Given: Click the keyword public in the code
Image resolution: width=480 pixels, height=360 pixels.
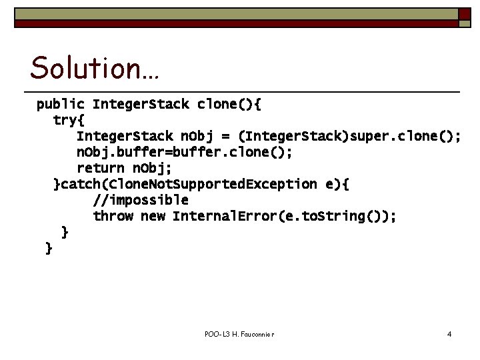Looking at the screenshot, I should click(60, 105).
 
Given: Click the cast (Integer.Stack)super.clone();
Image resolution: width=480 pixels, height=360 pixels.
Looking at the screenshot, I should click(349, 137).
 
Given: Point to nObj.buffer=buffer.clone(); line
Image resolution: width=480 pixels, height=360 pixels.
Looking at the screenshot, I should click(184, 153).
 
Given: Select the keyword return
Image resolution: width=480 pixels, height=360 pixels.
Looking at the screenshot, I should click(101, 169).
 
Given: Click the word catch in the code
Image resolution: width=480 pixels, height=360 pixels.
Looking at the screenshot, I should click(79, 185).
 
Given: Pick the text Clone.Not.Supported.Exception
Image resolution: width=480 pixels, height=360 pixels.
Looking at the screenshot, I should click(200, 185).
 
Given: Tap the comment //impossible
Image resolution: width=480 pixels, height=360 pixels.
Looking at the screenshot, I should click(141, 201).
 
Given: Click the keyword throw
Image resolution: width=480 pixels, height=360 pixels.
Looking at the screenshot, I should click(113, 217).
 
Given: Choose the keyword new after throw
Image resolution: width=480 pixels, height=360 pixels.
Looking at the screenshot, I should click(153, 217).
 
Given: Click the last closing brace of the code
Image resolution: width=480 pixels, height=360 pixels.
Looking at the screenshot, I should click(49, 249).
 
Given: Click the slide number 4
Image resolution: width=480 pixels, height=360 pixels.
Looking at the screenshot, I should click(449, 333).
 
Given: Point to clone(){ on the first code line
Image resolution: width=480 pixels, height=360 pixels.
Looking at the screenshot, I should click(230, 105).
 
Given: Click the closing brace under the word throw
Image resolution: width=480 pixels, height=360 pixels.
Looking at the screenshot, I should click(65, 232).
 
